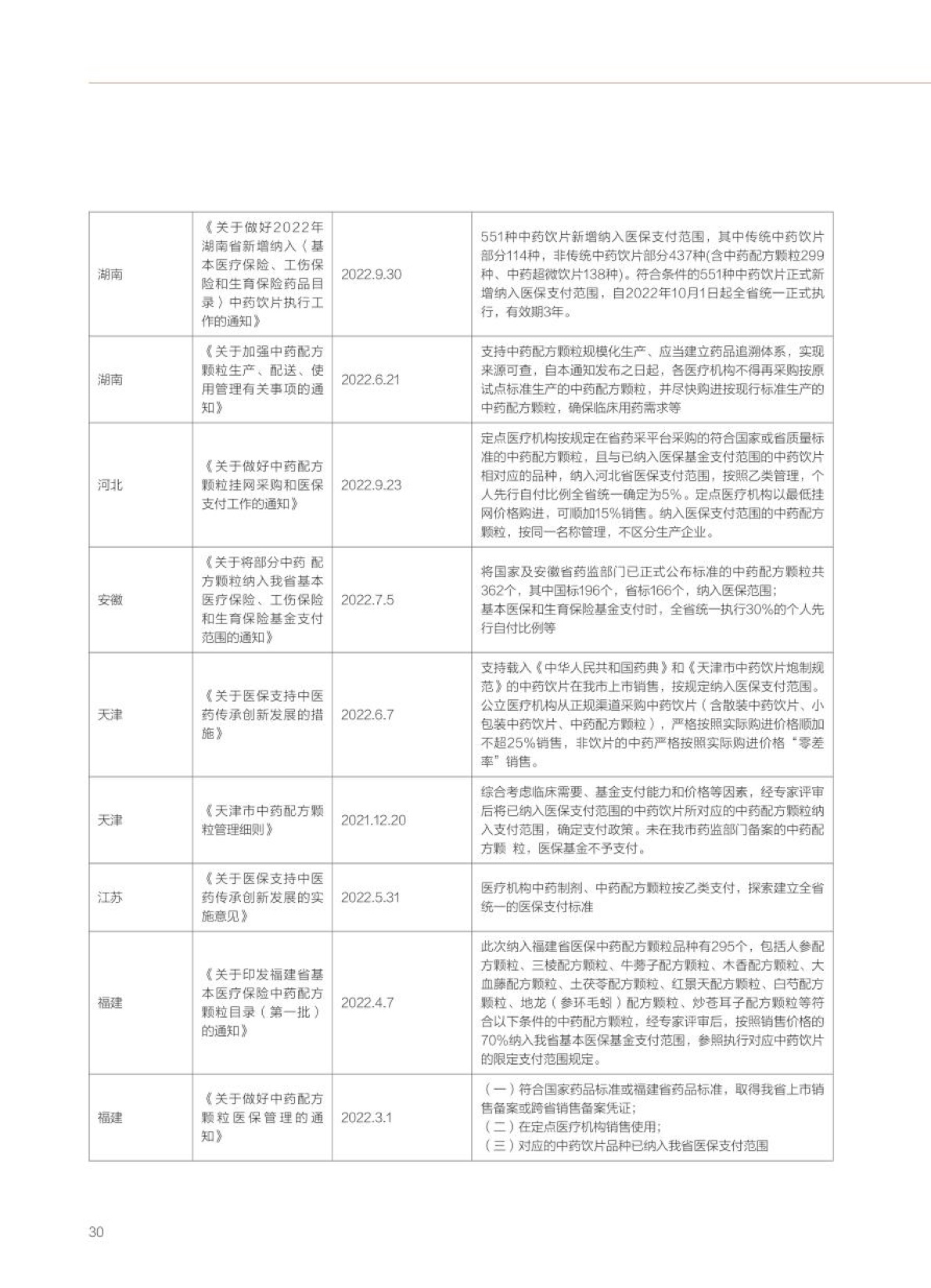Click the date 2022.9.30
[371, 275]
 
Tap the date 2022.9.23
[371, 485]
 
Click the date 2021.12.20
[373, 821]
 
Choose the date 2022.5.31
[370, 898]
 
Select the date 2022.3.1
[366, 1118]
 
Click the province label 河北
[110, 485]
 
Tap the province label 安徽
[110, 600]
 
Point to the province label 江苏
[110, 898]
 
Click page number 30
[96, 1232]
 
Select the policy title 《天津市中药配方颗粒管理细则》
[262, 821]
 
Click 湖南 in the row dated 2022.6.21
[110, 380]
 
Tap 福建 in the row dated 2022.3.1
[110, 1118]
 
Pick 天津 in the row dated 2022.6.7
[110, 715]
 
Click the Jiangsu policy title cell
[262, 898]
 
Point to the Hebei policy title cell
[262, 485]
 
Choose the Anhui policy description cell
[652, 600]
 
